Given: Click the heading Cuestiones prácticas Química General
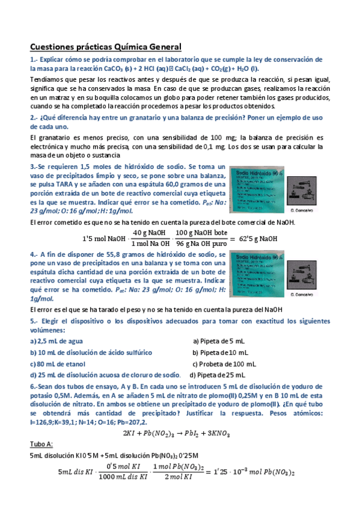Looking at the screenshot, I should tap(105, 46).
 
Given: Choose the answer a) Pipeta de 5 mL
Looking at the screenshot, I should tap(218, 340).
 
